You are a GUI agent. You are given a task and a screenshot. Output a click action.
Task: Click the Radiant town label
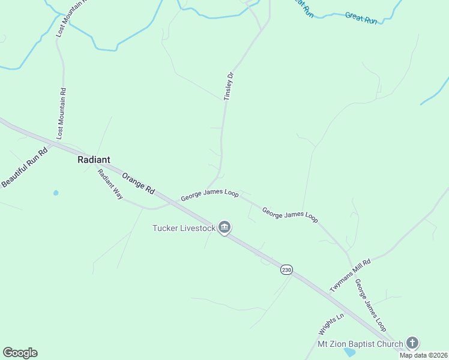click(x=94, y=160)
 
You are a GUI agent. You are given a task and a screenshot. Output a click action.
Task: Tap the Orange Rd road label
click(x=138, y=182)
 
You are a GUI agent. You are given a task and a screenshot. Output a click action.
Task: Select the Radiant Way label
click(x=110, y=184)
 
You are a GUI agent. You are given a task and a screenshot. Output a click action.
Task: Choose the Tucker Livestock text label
click(x=184, y=228)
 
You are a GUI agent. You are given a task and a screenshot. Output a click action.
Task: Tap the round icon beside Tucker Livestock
click(x=225, y=227)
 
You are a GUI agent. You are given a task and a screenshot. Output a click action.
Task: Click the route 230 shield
click(x=286, y=270)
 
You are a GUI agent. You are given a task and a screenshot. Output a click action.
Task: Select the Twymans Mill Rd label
click(x=351, y=275)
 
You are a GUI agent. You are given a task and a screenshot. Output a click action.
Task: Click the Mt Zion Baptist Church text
click(x=360, y=344)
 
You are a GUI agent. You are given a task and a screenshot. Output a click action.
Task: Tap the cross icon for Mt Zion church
click(x=412, y=343)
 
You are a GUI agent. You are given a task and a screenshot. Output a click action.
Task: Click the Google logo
click(x=20, y=353)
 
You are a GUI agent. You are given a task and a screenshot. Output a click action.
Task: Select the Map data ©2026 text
click(x=423, y=355)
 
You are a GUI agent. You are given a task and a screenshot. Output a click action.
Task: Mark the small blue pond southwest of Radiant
click(x=56, y=193)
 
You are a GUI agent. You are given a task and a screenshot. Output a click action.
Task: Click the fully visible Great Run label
click(x=361, y=18)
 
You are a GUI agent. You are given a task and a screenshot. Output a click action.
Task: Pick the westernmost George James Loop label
click(x=210, y=195)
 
